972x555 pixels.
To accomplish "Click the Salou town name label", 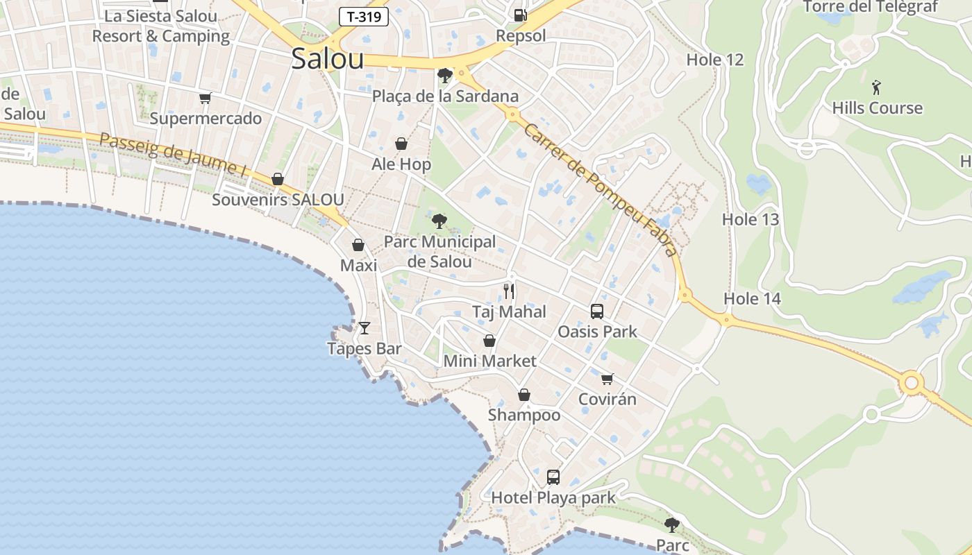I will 328,58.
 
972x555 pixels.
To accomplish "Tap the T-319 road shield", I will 364,17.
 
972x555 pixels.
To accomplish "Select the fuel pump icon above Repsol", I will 520,15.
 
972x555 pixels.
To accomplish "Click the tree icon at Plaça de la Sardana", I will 445,75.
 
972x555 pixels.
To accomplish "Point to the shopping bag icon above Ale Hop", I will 401,144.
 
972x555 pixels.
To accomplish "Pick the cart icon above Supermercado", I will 205,98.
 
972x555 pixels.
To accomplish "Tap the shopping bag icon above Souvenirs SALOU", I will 278,179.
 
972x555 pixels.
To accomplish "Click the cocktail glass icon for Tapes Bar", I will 364,327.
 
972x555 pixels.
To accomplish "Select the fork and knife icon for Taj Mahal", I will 510,291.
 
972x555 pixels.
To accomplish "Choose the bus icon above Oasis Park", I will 597,311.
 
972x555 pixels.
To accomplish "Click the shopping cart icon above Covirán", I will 607,379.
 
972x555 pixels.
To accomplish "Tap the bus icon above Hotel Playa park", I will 553,477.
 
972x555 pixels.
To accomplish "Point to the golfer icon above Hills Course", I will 877,87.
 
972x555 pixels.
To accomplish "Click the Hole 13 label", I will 751,220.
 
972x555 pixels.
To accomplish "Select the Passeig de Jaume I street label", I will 173,155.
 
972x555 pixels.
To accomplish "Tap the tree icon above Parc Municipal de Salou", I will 439,221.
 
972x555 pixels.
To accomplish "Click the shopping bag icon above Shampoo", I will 524,395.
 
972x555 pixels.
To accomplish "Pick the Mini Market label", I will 489,361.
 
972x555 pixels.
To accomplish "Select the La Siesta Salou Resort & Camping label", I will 160,26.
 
